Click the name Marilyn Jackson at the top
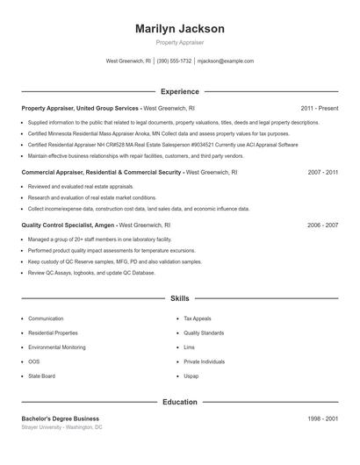pos(180,29)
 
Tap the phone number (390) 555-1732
pos(174,61)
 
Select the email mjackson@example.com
pos(226,61)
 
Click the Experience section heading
pos(180,91)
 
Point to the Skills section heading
pos(180,298)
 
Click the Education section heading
pos(180,402)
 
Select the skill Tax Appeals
pos(198,318)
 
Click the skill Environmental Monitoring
pos(57,347)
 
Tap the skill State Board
pos(41,376)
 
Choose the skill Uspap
pos(191,376)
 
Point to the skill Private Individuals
pos(205,361)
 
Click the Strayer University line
pos(61,427)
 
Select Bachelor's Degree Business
pos(60,418)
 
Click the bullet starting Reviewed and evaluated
pos(81,187)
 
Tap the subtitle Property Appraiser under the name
pos(180,43)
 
